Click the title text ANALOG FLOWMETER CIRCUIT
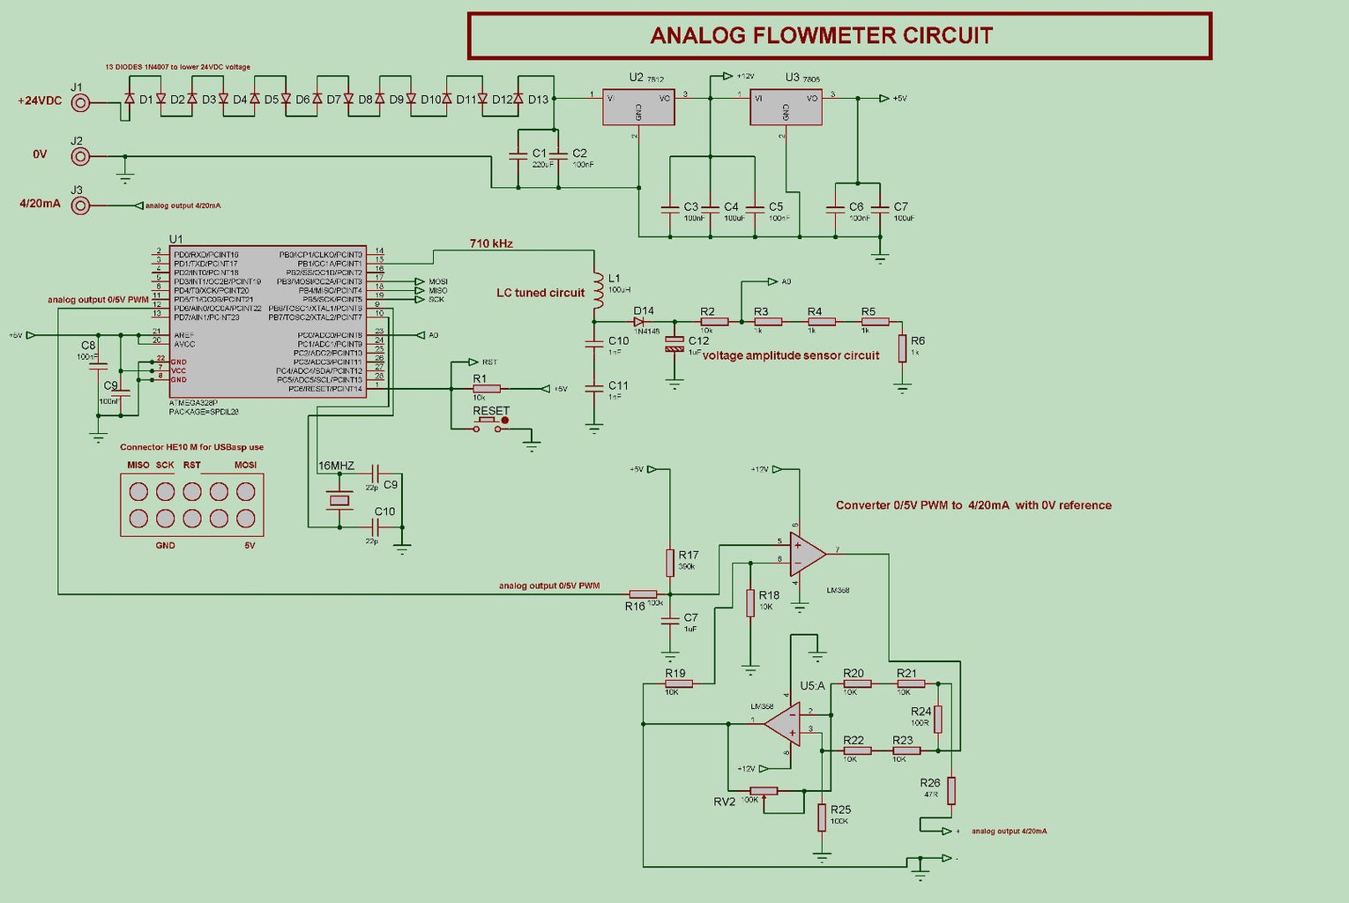click(821, 35)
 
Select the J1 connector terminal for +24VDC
click(80, 102)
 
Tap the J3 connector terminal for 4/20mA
click(80, 205)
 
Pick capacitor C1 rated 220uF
click(518, 155)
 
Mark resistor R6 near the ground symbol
click(902, 348)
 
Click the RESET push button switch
click(490, 424)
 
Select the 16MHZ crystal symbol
click(339, 501)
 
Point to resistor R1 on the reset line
click(486, 389)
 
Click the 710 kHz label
click(491, 243)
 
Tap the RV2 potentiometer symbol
click(763, 791)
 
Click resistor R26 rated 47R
click(951, 790)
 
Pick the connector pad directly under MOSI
click(246, 492)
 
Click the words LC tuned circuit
click(540, 293)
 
